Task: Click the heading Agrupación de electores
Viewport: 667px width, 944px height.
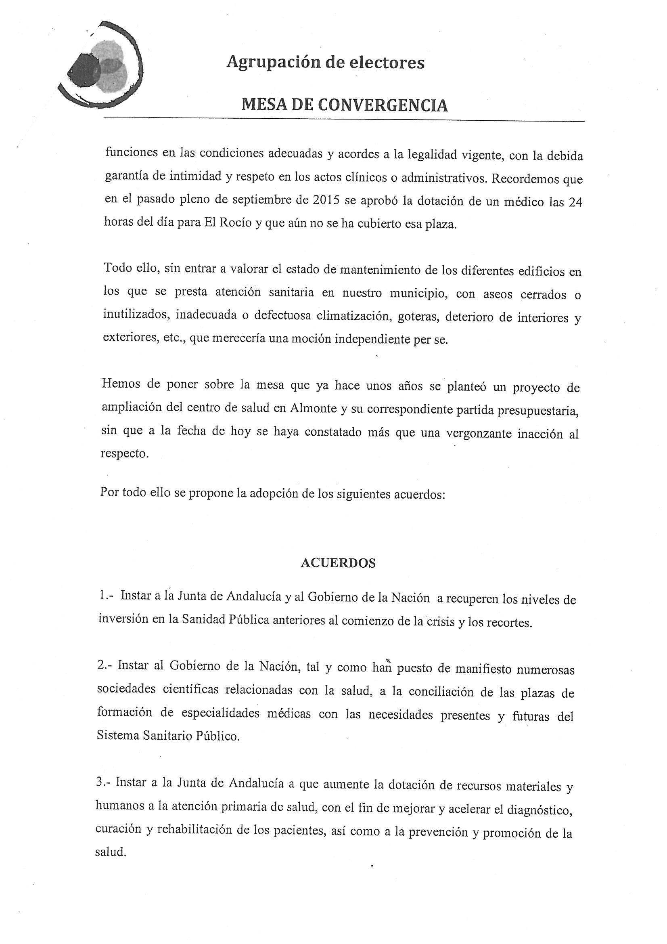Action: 326,63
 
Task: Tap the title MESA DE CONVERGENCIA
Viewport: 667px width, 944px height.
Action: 344,105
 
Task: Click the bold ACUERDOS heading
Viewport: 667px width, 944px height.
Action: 338,563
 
